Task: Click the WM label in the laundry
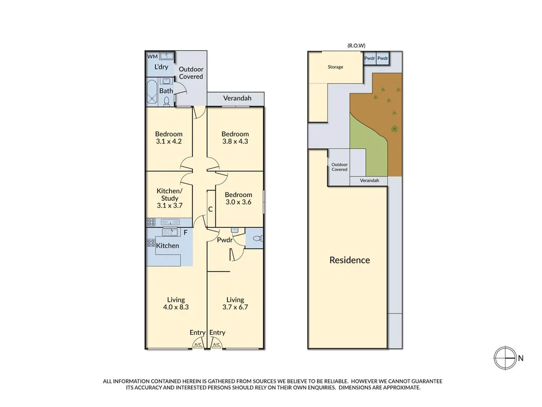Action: [x=152, y=57]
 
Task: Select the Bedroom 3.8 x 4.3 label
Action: [x=235, y=138]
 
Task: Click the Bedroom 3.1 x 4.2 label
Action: [x=169, y=138]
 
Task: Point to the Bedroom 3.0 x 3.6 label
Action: [x=238, y=198]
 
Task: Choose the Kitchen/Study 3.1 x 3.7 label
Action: [x=169, y=198]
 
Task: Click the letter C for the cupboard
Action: [x=210, y=209]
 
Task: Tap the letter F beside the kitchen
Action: [x=186, y=233]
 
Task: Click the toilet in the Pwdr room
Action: [x=258, y=238]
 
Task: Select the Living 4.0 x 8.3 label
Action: [x=176, y=303]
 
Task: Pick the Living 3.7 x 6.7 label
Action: [x=235, y=303]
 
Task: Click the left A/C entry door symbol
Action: [x=198, y=344]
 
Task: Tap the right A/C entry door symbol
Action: [x=216, y=344]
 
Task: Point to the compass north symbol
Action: [x=505, y=358]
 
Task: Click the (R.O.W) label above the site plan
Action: [x=356, y=46]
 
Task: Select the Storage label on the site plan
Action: [x=335, y=67]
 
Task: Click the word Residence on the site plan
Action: [x=350, y=260]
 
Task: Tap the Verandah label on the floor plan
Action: [x=237, y=98]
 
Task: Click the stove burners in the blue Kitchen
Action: [x=151, y=243]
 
